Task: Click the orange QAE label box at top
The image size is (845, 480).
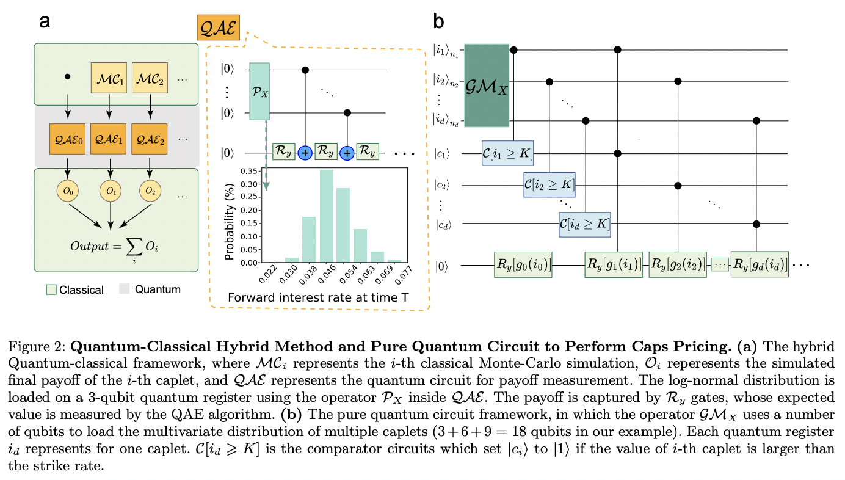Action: pos(218,29)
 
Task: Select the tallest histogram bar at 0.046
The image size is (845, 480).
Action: pos(327,216)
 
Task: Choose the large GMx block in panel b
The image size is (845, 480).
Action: pos(486,85)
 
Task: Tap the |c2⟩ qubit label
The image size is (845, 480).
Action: pos(444,184)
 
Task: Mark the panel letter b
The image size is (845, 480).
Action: pos(439,23)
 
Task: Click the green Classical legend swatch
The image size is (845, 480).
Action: pos(52,289)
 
